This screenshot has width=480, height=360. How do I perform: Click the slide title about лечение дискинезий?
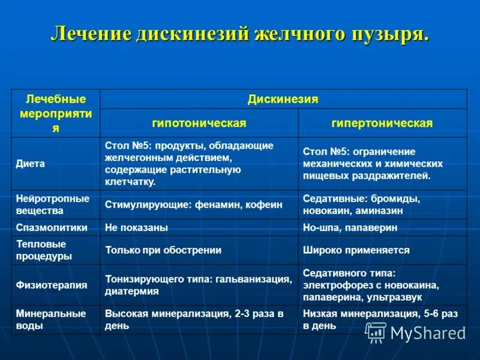tap(240, 34)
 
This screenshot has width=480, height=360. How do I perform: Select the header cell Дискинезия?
tap(283, 99)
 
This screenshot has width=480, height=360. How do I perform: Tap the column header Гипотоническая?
tap(199, 123)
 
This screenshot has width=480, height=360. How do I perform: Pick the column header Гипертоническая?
tap(382, 123)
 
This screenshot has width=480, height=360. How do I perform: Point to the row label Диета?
tap(31, 164)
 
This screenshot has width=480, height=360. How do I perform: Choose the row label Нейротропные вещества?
tap(53, 205)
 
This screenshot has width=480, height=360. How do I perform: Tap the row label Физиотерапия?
tap(52, 286)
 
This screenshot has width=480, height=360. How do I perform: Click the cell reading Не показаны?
tap(136, 228)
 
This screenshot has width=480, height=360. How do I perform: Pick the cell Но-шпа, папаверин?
tap(350, 228)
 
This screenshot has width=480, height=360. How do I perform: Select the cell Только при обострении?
tap(163, 250)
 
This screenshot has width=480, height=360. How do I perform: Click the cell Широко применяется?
tap(356, 250)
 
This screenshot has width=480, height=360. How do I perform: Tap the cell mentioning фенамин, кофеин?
tap(185, 205)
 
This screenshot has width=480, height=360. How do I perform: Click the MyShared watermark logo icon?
tap(376, 332)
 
